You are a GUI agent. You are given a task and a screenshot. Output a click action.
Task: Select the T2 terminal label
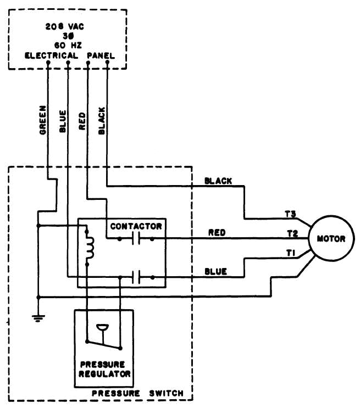click(x=292, y=233)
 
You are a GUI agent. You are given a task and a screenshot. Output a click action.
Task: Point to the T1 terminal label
click(x=291, y=252)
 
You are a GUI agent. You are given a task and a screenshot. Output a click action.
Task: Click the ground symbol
click(x=38, y=316)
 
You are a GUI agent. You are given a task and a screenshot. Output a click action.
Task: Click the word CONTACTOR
click(x=136, y=226)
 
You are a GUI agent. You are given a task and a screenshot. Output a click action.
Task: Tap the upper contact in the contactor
click(x=136, y=239)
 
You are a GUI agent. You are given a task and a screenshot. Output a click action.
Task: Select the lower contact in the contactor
click(x=136, y=278)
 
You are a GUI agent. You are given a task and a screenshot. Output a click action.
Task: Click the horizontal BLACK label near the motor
click(x=218, y=181)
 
